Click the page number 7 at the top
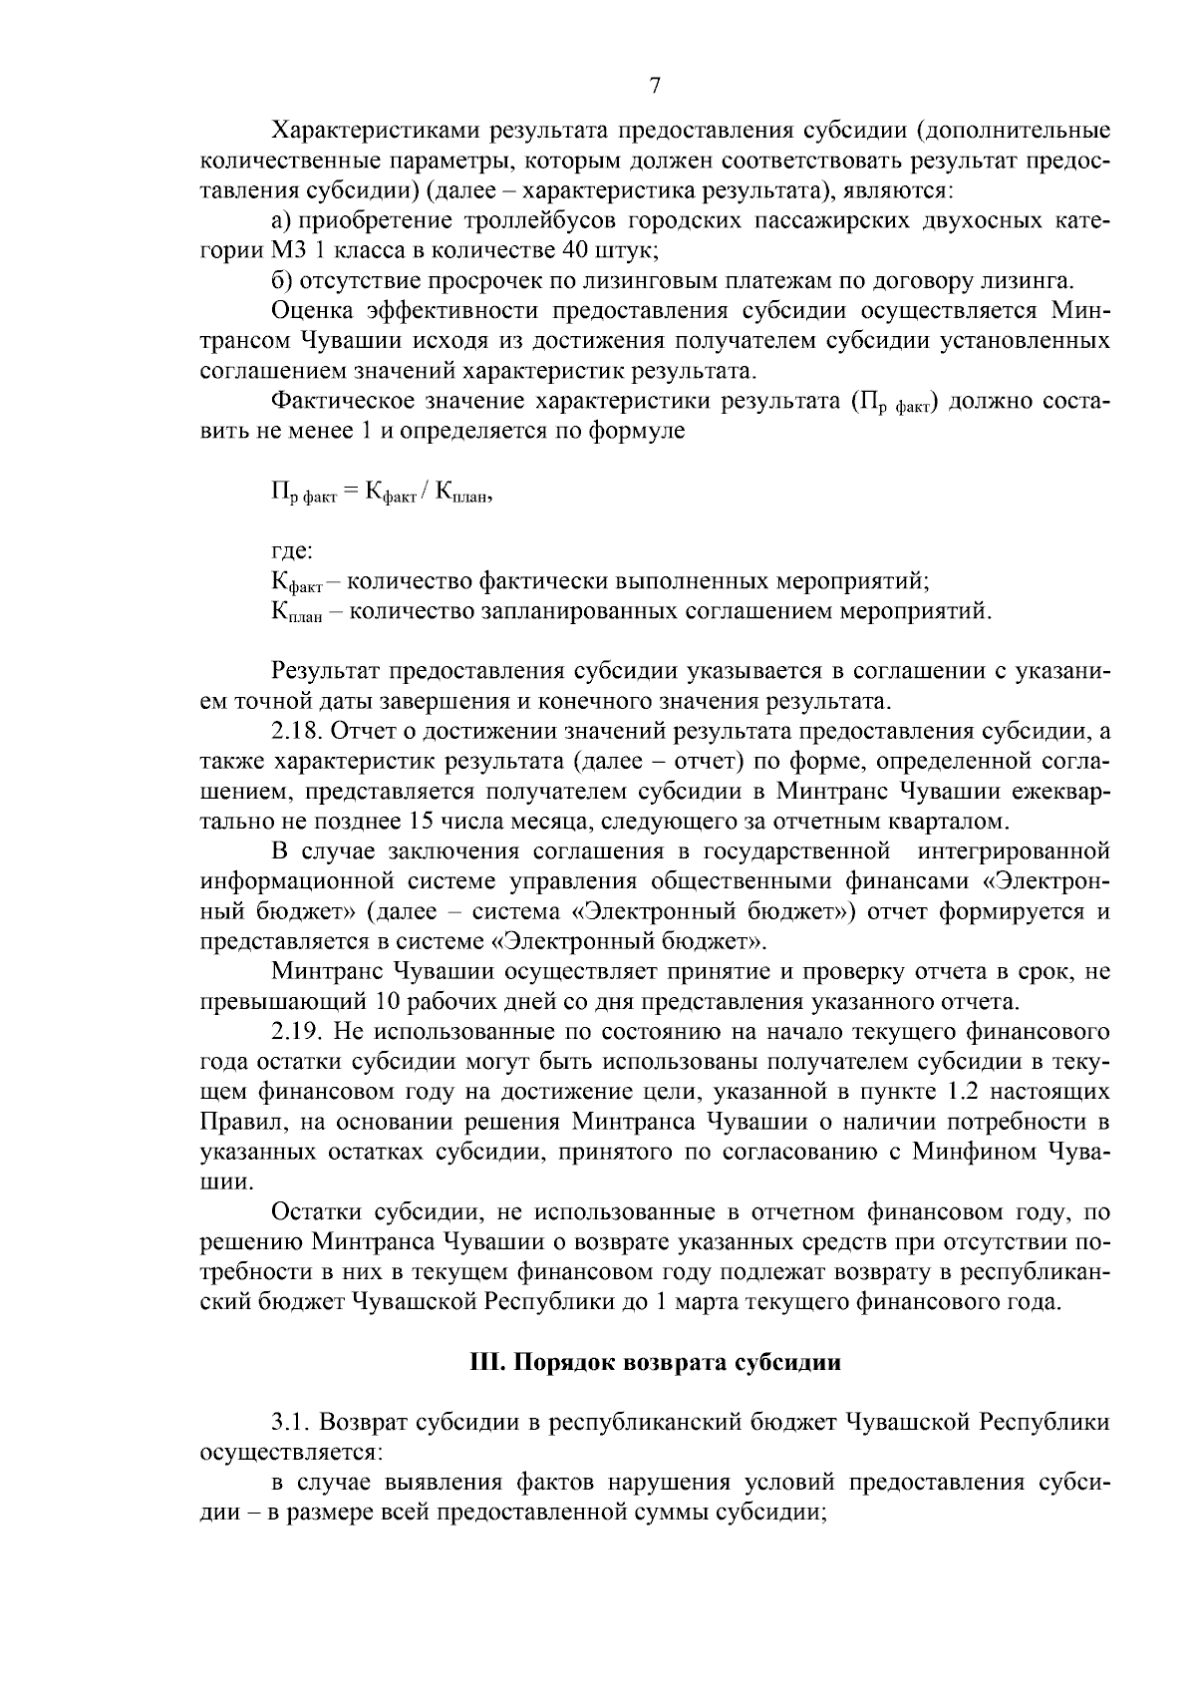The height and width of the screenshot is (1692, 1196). [655, 87]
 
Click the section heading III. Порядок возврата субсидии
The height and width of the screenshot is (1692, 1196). [655, 1363]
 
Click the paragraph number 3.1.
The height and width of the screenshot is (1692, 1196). [289, 1422]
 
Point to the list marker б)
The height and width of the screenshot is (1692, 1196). [282, 279]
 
